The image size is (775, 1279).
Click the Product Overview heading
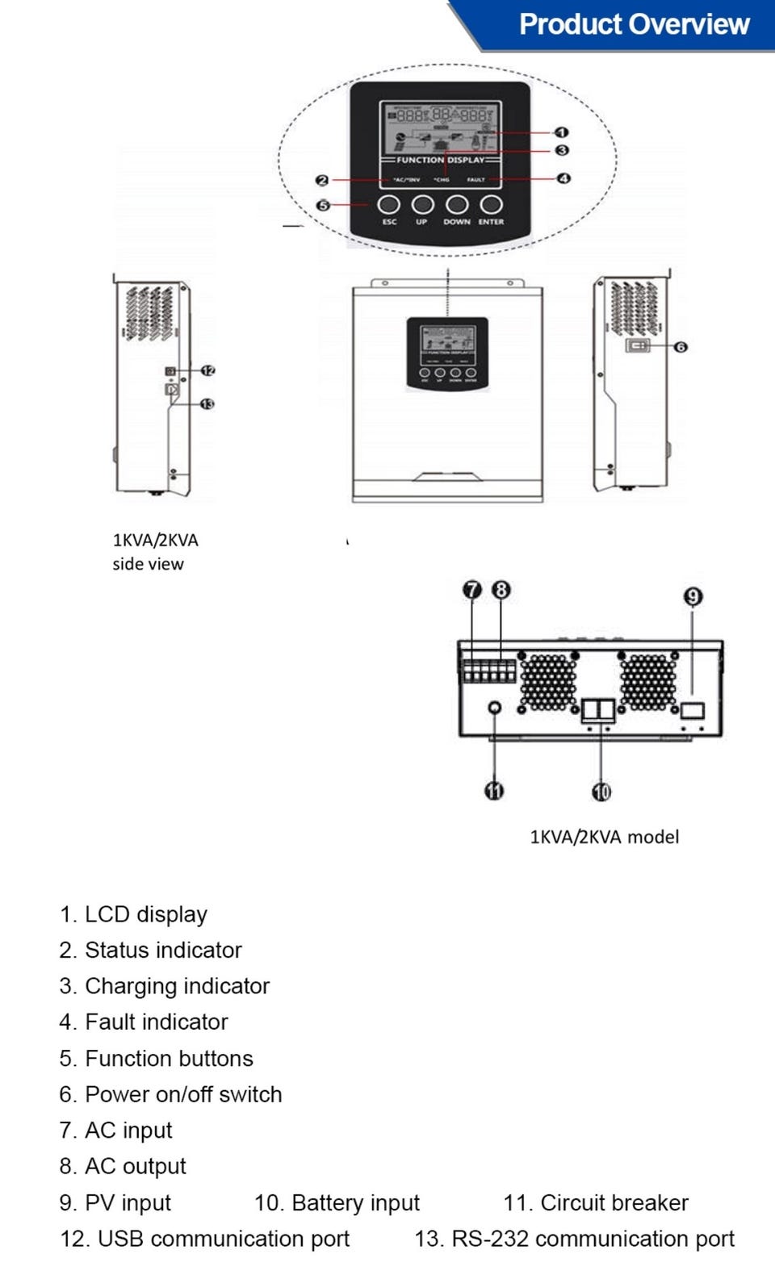(634, 24)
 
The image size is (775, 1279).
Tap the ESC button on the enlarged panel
(389, 205)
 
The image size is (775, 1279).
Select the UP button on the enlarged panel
(422, 205)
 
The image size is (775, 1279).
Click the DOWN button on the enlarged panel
(457, 205)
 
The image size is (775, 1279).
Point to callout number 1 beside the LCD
(562, 132)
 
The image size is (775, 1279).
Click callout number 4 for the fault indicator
(563, 178)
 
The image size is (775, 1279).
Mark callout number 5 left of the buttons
(323, 205)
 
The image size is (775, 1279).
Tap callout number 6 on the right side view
(681, 347)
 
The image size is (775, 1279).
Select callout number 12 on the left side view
(208, 370)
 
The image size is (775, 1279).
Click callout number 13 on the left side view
(207, 403)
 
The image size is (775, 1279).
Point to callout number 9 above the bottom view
(693, 596)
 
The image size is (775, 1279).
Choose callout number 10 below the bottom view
(601, 792)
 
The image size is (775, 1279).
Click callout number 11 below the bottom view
(494, 791)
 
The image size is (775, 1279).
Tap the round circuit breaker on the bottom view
(495, 708)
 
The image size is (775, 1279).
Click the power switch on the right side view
(638, 346)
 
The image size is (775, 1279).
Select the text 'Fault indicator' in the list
(156, 1022)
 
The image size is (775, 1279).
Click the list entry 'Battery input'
(355, 1203)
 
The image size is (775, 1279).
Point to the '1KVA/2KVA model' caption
(604, 837)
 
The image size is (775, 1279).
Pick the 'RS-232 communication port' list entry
(593, 1239)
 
